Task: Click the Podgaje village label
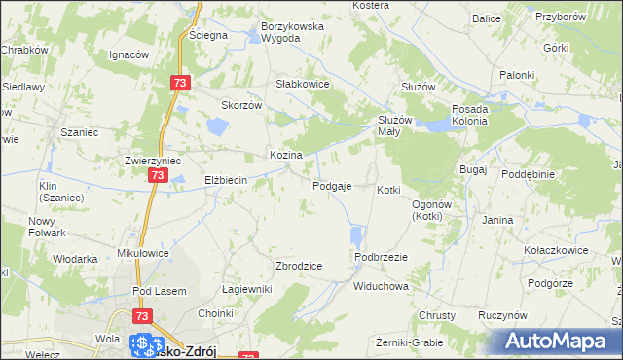click(332, 186)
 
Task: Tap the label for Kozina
click(285, 155)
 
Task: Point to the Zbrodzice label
click(299, 266)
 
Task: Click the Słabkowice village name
click(304, 84)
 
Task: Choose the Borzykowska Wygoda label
click(291, 32)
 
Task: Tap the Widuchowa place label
click(381, 287)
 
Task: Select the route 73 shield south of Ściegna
click(179, 84)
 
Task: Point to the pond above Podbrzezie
click(356, 235)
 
